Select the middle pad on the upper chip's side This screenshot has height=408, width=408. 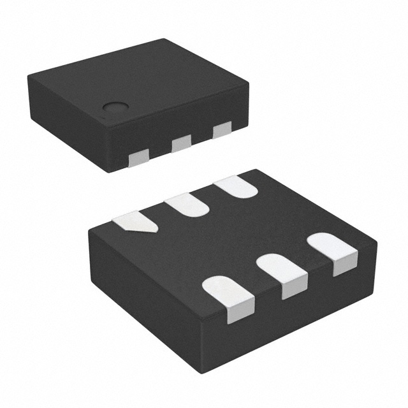(181, 144)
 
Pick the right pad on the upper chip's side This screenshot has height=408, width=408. (222, 130)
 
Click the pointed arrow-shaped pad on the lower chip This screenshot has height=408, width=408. (135, 222)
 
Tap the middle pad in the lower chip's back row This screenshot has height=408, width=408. (187, 205)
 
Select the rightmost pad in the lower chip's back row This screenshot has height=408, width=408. (235, 187)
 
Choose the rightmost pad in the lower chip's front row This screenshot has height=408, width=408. (333, 251)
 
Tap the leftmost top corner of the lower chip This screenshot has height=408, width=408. (90, 230)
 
